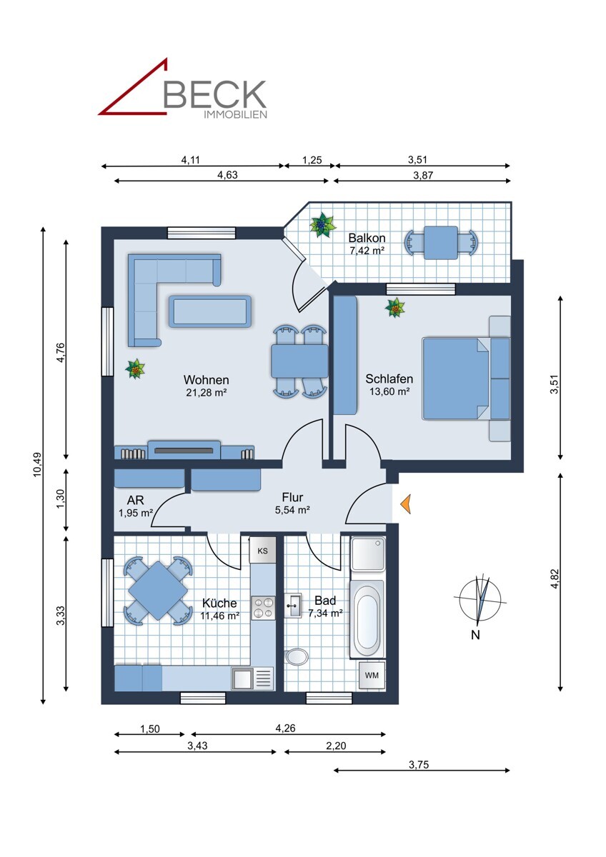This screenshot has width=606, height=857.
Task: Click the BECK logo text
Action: tap(215, 94)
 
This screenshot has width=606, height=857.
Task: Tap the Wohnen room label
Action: tap(207, 380)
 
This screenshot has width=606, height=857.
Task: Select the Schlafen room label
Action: tap(389, 379)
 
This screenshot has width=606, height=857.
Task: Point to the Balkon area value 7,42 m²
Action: tap(367, 251)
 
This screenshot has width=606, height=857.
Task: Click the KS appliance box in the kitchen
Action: tap(262, 551)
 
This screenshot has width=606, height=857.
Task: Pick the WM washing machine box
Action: tap(372, 676)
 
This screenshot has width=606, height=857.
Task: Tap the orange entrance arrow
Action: tap(405, 503)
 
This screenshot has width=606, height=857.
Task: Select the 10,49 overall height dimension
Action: tap(37, 465)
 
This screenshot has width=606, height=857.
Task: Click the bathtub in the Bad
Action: tap(367, 619)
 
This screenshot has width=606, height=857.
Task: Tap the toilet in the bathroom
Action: tap(297, 657)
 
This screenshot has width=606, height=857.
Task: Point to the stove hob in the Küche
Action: tap(263, 608)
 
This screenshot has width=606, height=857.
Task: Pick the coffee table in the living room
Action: tap(210, 311)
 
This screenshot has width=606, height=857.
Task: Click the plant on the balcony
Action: tap(322, 224)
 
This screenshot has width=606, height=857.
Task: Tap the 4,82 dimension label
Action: tap(555, 579)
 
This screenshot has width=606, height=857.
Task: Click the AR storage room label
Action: tap(136, 500)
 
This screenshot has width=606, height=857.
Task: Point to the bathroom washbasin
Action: tap(293, 606)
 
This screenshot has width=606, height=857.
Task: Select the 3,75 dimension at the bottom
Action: tap(419, 764)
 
